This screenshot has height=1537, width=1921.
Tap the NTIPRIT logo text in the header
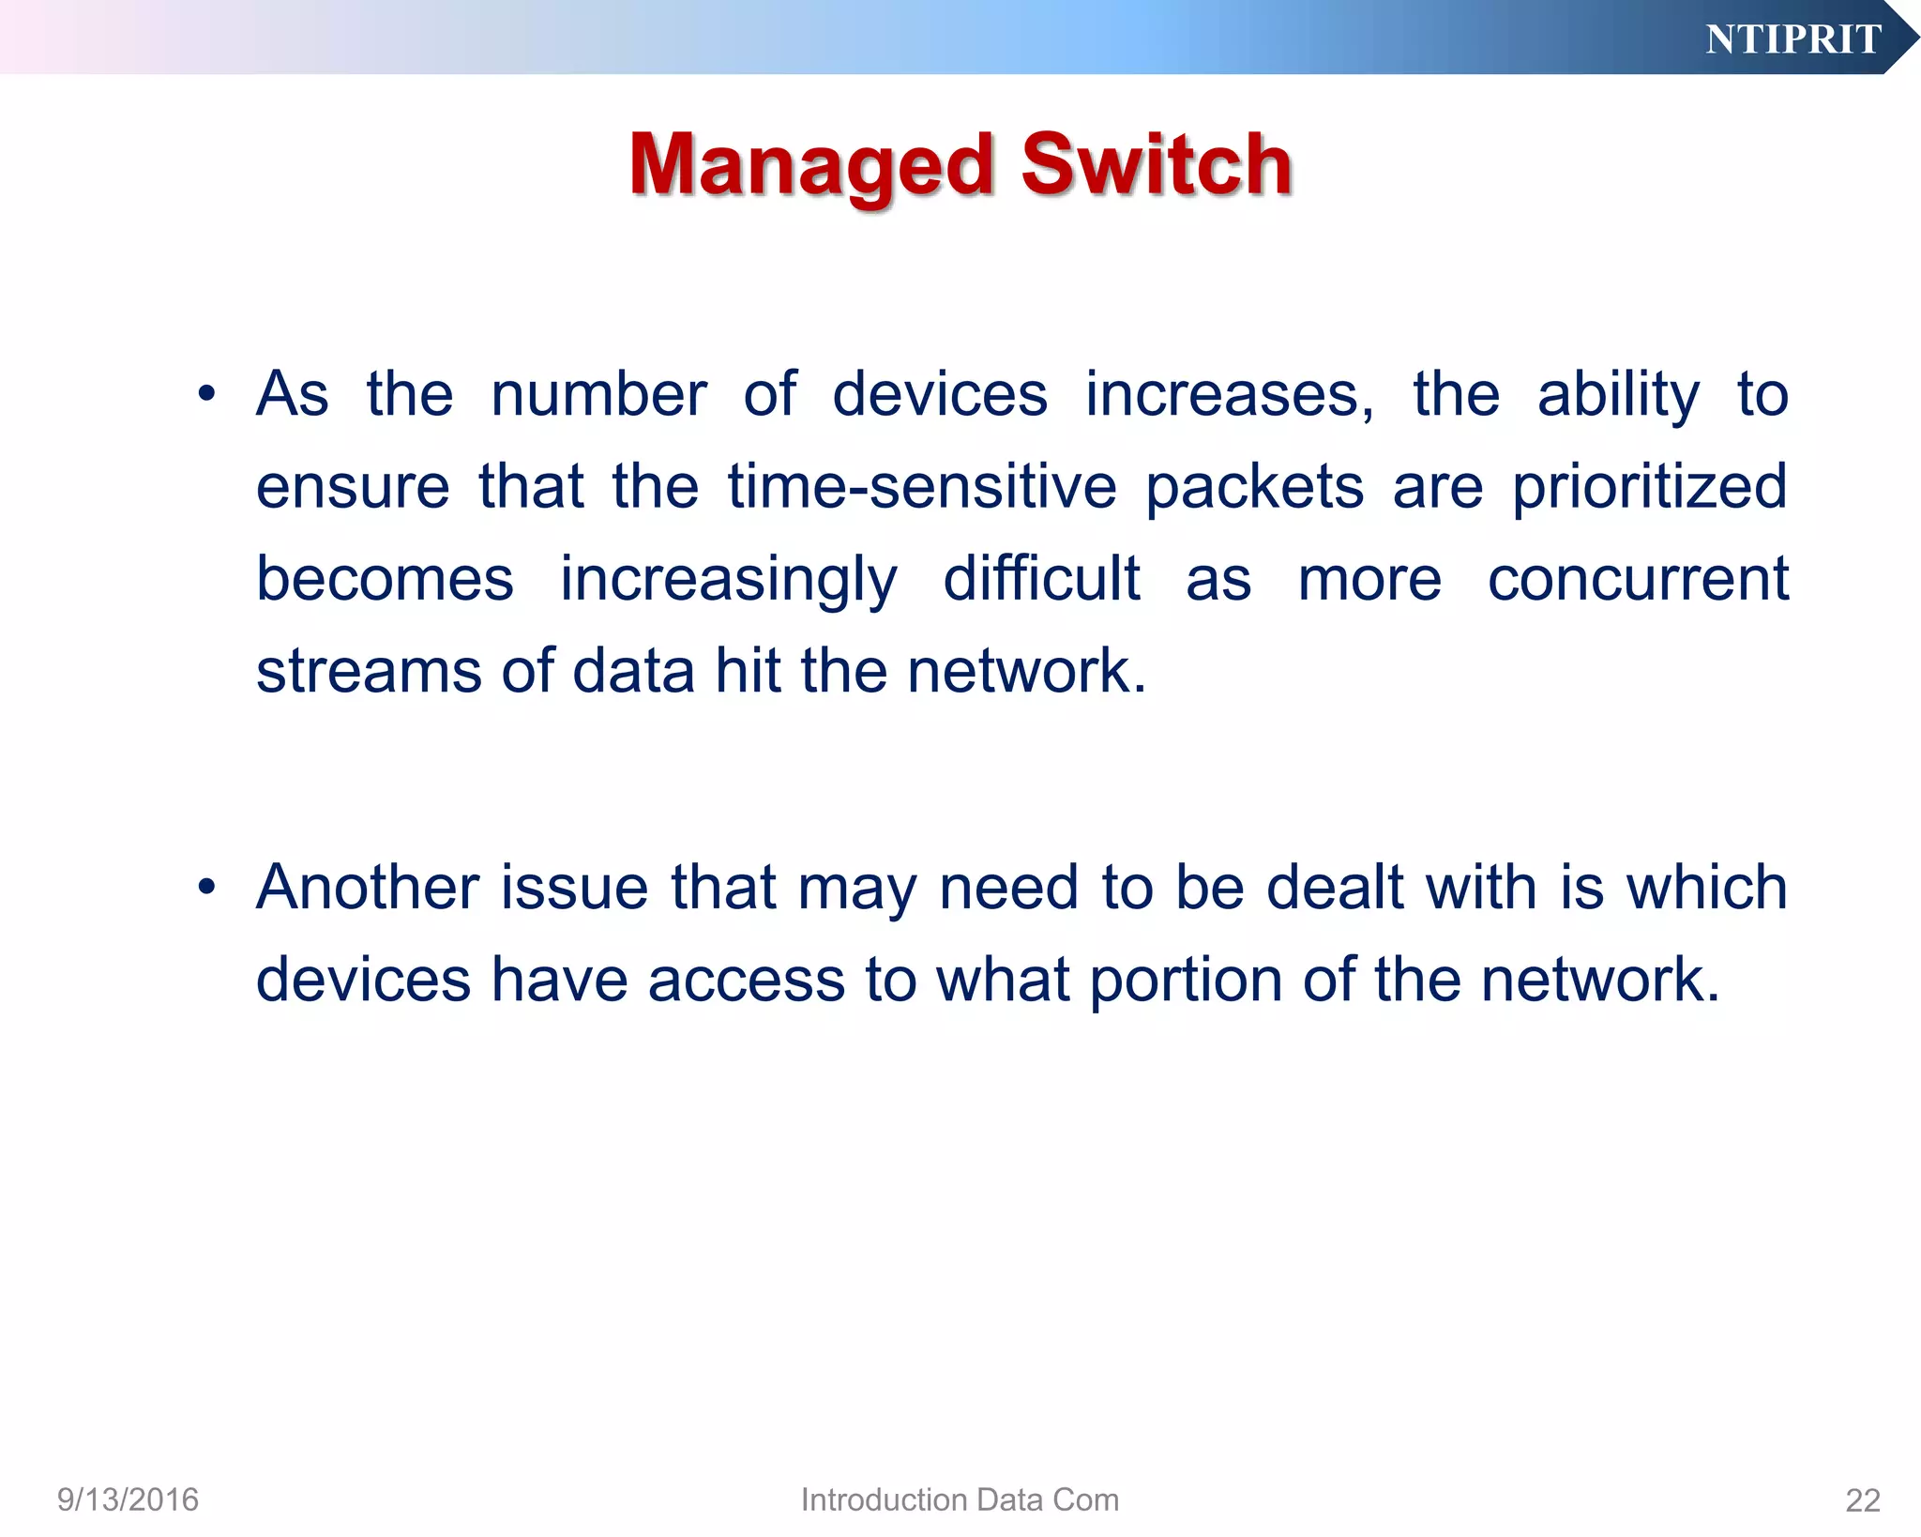coord(1792,39)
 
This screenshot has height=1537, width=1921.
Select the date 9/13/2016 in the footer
coord(128,1499)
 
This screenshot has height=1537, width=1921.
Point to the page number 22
coord(1862,1500)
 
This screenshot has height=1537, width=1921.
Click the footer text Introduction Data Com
coord(960,1499)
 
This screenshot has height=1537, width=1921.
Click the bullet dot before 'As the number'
coord(207,394)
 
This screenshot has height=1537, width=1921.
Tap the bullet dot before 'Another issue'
coord(207,887)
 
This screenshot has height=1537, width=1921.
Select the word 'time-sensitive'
coord(922,486)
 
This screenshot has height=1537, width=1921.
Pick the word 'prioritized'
coord(1649,488)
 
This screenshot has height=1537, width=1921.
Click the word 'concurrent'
coord(1638,579)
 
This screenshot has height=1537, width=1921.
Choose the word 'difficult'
coord(1041,578)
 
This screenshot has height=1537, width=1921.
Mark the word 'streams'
coord(369,671)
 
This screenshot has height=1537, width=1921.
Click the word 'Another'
coord(368,887)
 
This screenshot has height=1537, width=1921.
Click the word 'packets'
coord(1254,488)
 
